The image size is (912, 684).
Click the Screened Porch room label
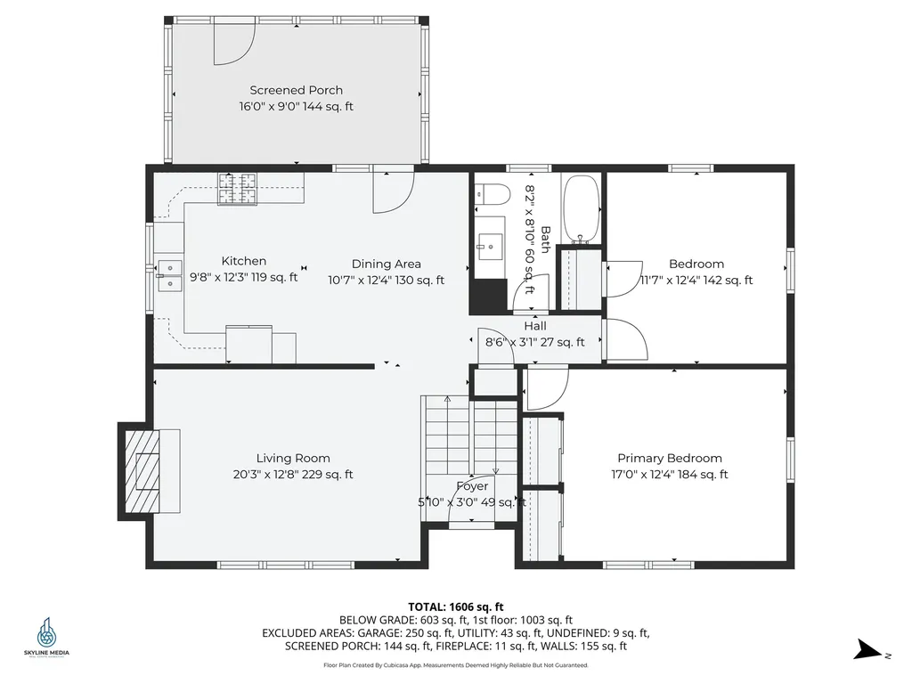296,90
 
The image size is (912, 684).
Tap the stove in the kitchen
237,189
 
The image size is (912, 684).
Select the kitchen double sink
169,275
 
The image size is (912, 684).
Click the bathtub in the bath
582,209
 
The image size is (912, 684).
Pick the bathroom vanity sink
490,247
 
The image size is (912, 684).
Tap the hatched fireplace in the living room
142,471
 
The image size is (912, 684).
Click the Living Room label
293,459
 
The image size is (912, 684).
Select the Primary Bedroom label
670,459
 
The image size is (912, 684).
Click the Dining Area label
387,264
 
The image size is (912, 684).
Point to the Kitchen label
244,261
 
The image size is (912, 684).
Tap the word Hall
535,326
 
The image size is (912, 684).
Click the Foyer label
472,486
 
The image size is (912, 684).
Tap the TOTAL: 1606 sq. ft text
456,607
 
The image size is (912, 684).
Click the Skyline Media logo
46,637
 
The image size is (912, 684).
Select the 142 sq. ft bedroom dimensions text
696,281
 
